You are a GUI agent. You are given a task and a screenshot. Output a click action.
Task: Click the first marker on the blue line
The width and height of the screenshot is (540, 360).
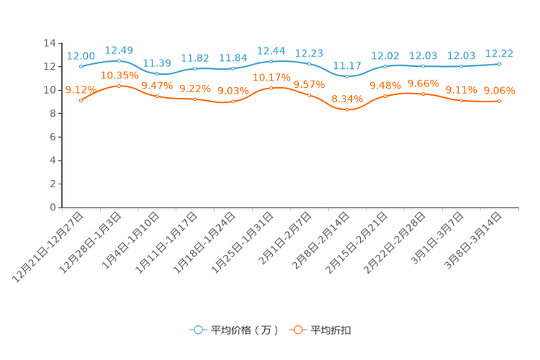click(x=81, y=66)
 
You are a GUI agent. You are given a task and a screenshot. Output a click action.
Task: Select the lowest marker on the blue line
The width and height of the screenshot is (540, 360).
click(x=348, y=75)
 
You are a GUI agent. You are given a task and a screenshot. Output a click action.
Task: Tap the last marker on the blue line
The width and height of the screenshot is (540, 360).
click(x=499, y=64)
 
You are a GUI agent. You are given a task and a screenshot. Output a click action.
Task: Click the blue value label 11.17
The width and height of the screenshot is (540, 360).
click(x=347, y=65)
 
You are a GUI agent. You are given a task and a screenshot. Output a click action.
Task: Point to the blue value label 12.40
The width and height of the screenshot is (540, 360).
click(x=119, y=49)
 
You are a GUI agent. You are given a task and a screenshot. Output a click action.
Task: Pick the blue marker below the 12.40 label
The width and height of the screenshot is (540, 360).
click(x=119, y=60)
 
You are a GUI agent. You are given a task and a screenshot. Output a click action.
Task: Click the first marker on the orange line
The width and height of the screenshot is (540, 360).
click(x=81, y=100)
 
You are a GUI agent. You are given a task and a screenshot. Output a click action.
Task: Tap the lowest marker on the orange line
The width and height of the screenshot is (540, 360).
click(x=348, y=110)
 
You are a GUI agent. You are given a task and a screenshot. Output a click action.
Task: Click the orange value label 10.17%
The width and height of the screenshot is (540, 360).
click(x=271, y=76)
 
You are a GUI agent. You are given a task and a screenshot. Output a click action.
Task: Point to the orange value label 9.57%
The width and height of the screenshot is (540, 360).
click(x=309, y=84)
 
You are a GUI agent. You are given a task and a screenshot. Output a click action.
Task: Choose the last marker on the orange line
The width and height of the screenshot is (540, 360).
click(x=499, y=102)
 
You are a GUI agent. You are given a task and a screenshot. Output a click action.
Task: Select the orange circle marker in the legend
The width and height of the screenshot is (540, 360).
click(x=298, y=330)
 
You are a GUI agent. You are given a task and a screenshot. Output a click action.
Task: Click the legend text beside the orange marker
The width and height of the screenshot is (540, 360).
click(x=332, y=330)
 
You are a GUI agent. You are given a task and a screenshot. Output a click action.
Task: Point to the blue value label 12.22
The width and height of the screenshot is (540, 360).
click(x=499, y=53)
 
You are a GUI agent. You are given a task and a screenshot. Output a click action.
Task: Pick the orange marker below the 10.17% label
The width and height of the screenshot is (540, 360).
click(x=271, y=87)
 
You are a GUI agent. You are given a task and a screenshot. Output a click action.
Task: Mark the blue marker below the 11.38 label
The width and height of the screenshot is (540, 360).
click(x=157, y=74)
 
